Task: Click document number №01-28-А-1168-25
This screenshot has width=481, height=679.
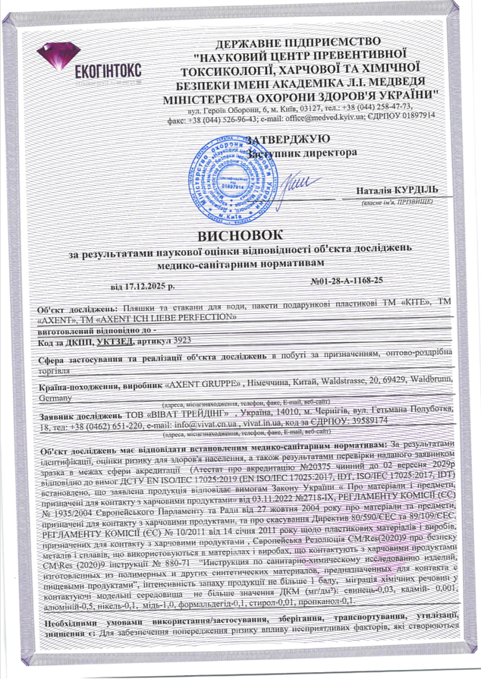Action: pyautogui.click(x=347, y=281)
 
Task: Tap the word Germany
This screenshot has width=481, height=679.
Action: pyautogui.click(x=55, y=397)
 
